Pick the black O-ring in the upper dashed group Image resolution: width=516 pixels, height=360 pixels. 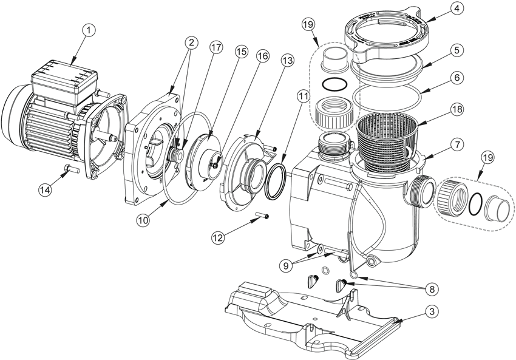point(333,83)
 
